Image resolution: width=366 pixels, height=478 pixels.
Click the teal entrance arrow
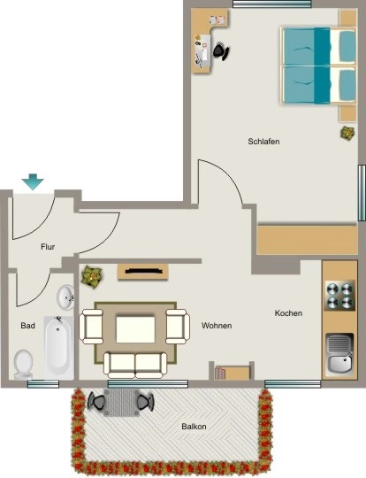click(33, 181)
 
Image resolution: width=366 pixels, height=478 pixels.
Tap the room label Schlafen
click(263, 142)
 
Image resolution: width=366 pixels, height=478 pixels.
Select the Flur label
click(48, 247)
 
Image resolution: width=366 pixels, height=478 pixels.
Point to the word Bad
click(27, 326)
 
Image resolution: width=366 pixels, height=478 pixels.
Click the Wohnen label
click(217, 326)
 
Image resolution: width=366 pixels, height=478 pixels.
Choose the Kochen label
click(288, 313)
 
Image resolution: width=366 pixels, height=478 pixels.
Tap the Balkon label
click(194, 426)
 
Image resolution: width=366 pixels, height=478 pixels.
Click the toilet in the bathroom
click(24, 365)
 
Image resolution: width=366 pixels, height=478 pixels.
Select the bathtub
click(58, 348)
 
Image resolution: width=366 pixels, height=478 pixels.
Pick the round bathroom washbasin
click(65, 297)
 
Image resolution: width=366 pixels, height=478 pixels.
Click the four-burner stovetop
click(339, 295)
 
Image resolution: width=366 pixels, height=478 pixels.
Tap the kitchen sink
click(339, 354)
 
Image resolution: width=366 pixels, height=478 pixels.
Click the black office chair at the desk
click(221, 51)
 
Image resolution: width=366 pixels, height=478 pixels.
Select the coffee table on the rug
click(135, 329)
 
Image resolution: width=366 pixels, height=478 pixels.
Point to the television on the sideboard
click(143, 271)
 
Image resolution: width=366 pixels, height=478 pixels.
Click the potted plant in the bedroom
click(347, 133)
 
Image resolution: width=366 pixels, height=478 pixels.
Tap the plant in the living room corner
click(92, 276)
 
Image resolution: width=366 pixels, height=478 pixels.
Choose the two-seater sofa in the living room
click(135, 365)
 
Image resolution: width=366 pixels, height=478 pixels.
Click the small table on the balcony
click(121, 403)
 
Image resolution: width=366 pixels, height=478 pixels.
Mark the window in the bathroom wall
click(43, 384)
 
